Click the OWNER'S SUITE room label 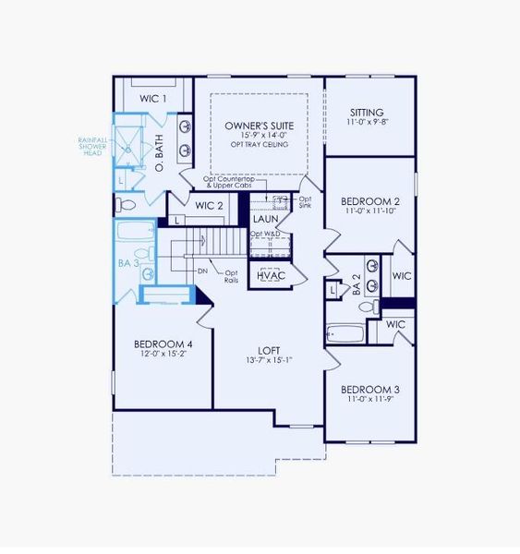(x=258, y=125)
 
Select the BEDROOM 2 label (x=369, y=201)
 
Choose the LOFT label (x=269, y=349)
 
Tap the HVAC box (x=272, y=276)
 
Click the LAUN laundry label (x=265, y=219)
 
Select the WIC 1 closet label (x=152, y=98)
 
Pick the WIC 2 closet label (x=209, y=205)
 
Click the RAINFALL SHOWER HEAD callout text (x=92, y=147)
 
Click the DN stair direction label (x=201, y=271)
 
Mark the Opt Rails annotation (x=231, y=276)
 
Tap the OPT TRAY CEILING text (x=258, y=145)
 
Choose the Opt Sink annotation (x=305, y=201)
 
